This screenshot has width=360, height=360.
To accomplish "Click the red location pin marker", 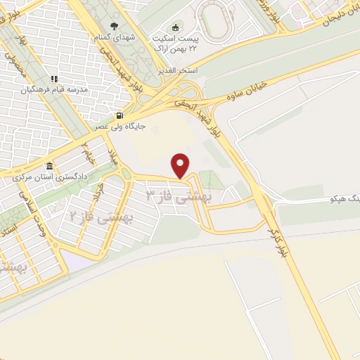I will coord(181,165).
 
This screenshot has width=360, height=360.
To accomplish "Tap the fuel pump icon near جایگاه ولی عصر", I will coord(120,116).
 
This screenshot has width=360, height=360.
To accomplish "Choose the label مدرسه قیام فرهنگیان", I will coord(53,89).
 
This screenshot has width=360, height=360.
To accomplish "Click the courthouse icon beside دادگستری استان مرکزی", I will coord(49,167).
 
